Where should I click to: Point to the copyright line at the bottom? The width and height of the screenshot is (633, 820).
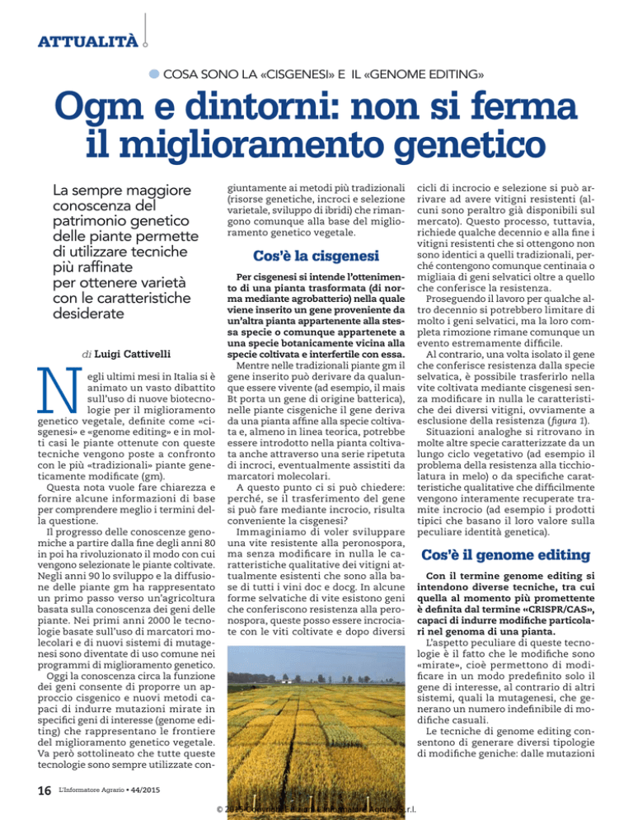click(316, 808)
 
